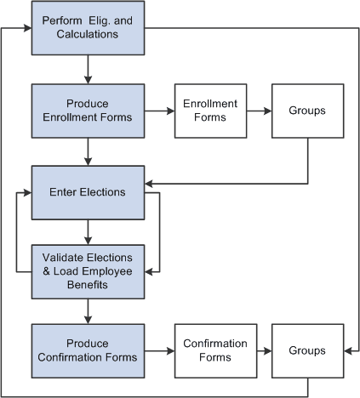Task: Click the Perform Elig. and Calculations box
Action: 88,29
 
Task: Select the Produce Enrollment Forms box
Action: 88,111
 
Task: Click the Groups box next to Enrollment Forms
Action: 307,111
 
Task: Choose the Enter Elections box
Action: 88,192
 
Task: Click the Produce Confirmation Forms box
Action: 88,350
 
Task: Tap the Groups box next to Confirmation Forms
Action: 307,350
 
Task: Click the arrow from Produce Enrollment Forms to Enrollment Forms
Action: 159,111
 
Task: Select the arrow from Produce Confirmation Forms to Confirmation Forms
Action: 159,350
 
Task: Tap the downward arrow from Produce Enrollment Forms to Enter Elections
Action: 88,151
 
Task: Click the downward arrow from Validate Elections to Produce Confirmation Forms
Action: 88,311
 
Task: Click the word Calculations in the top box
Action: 88,35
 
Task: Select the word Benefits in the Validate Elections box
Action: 88,285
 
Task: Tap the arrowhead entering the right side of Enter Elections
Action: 149,183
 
